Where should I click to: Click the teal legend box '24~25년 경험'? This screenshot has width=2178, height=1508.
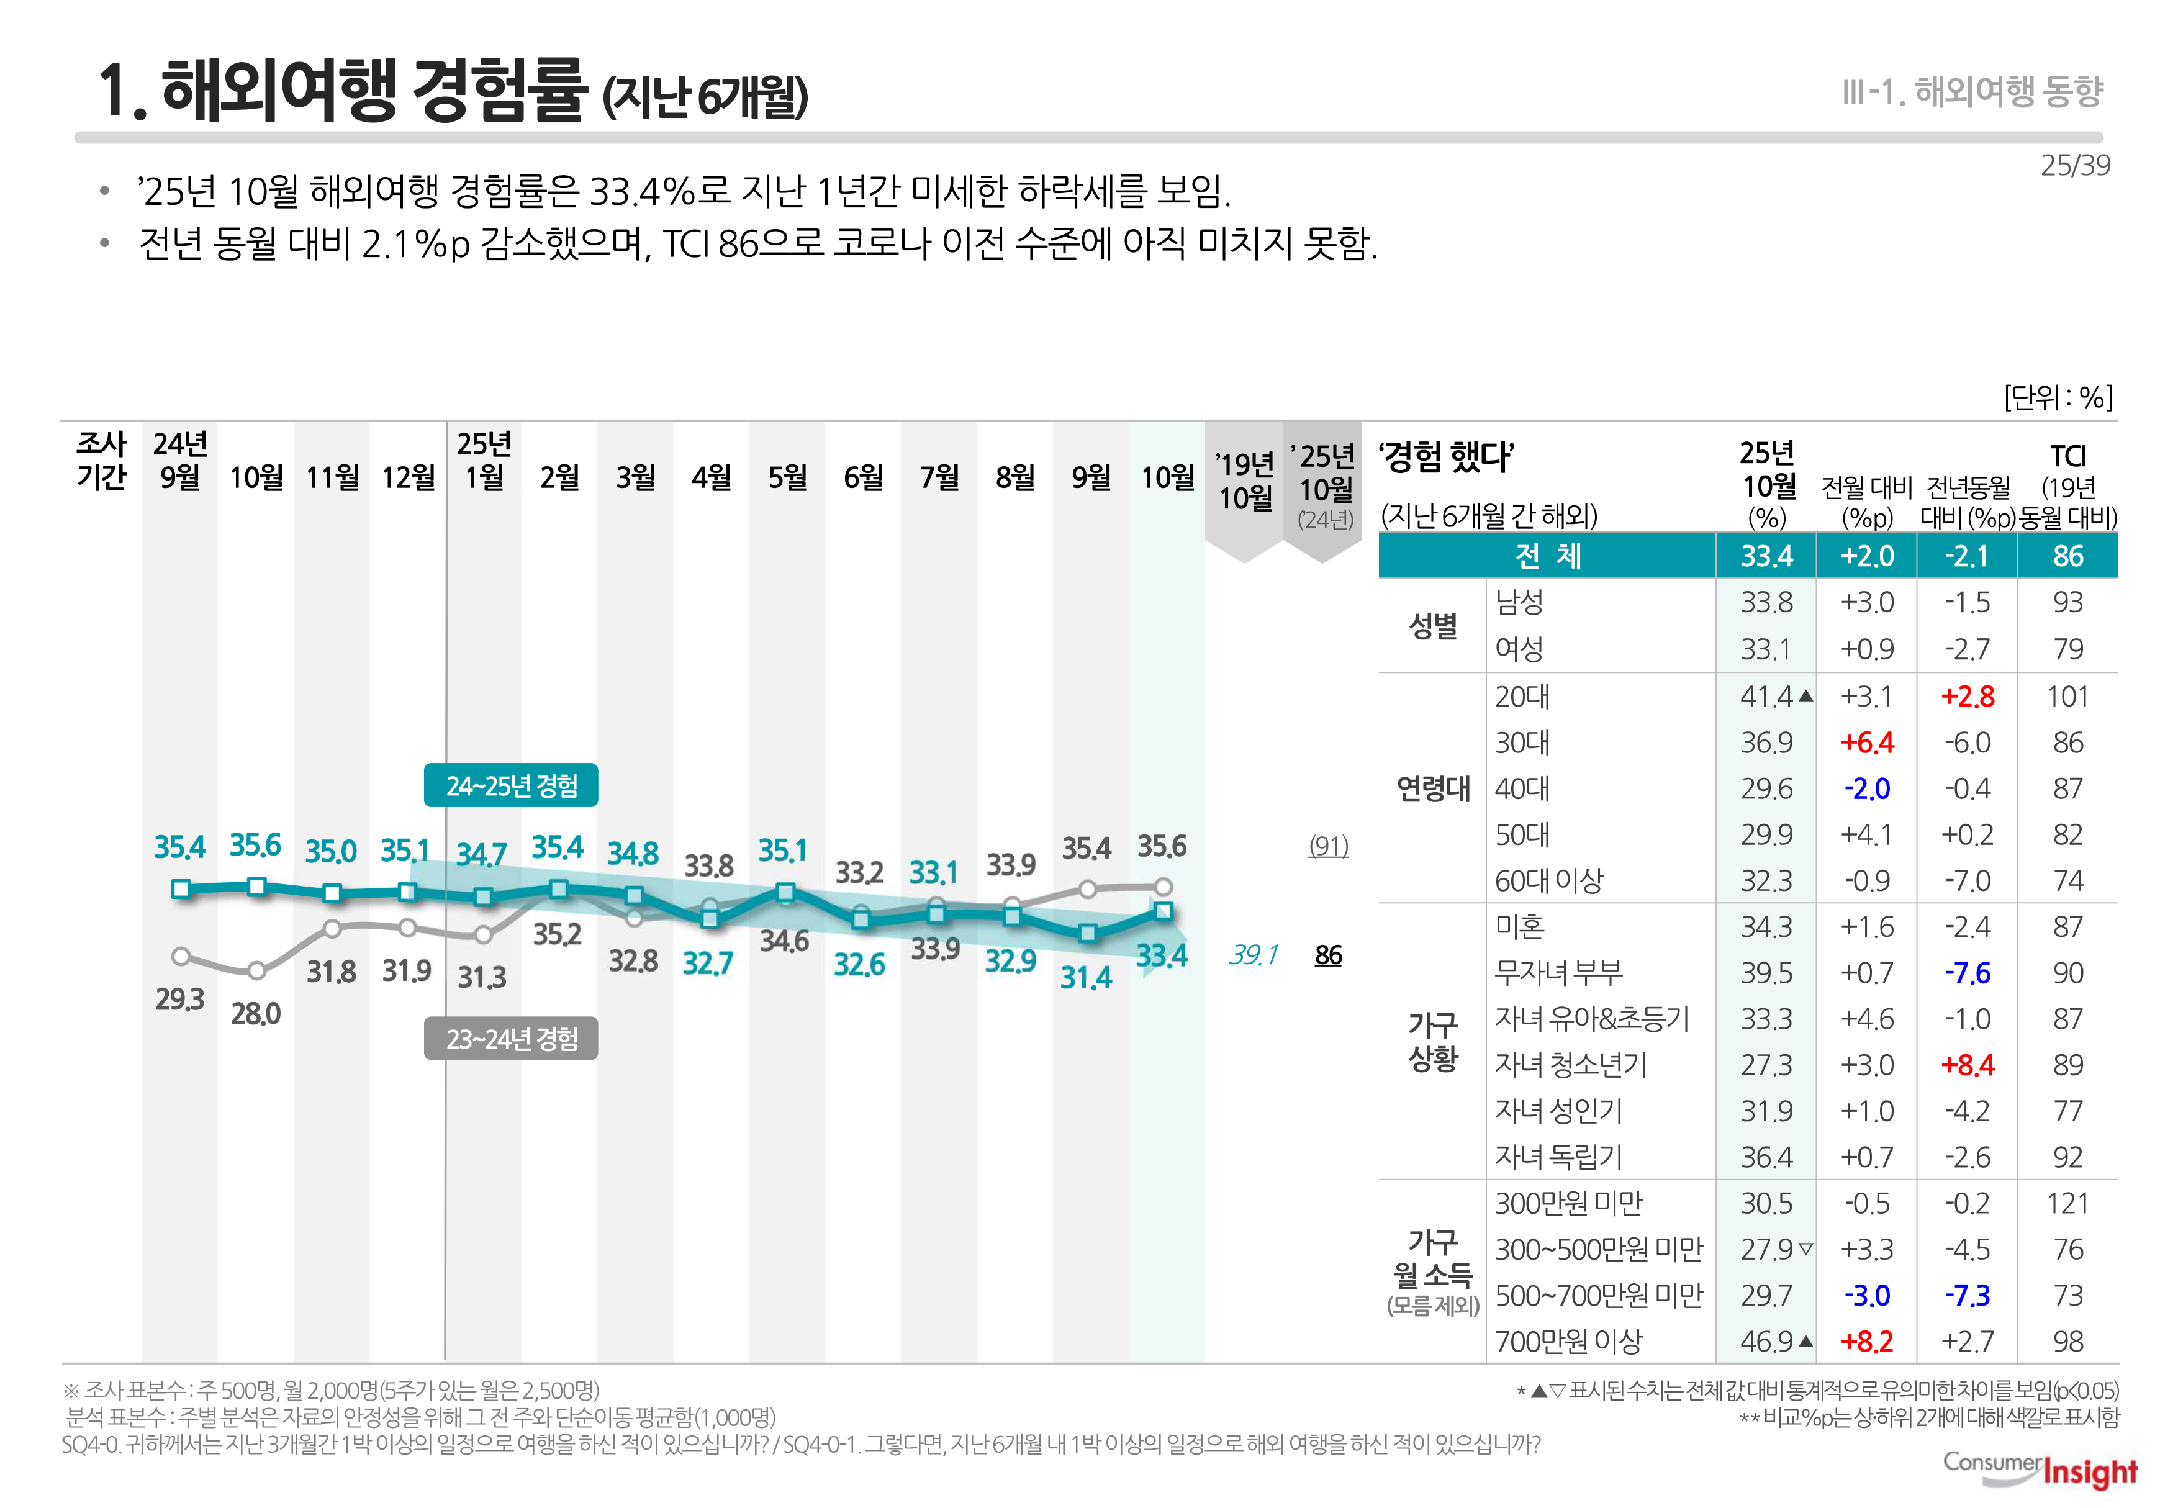[x=510, y=785]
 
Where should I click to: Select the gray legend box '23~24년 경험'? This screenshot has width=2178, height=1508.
[x=510, y=1039]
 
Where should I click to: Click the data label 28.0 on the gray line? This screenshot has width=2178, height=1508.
[x=255, y=1014]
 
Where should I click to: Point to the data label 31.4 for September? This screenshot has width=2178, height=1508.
[x=1086, y=977]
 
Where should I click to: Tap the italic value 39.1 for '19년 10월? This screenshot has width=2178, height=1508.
[x=1253, y=954]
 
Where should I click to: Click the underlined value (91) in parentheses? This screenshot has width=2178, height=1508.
[x=1327, y=845]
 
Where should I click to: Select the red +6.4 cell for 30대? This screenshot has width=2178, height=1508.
[x=1866, y=743]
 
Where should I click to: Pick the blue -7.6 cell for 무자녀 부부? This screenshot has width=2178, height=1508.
[x=1968, y=973]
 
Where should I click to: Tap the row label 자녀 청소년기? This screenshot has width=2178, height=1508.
[x=1570, y=1065]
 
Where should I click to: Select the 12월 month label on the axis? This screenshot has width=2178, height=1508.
[x=407, y=477]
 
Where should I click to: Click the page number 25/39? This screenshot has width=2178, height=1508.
[x=2074, y=165]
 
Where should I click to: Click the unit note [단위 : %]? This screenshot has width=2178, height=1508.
[x=2058, y=397]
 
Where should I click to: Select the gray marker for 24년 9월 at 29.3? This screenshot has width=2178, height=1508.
[x=181, y=956]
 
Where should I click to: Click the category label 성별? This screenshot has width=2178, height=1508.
[x=1432, y=626]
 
